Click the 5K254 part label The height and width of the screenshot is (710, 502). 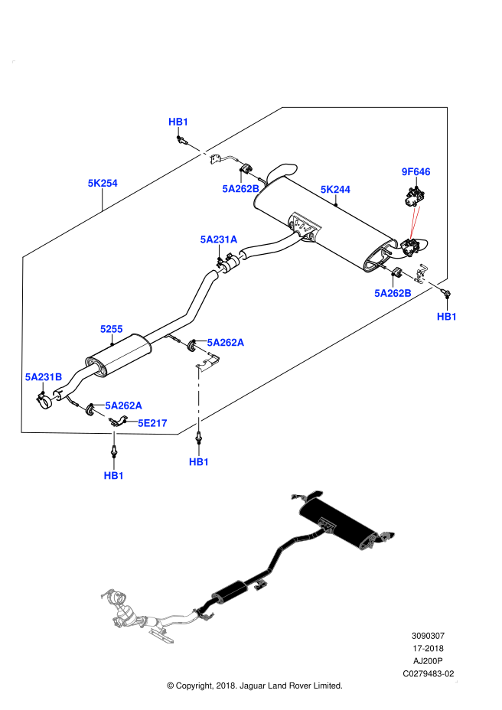point(103,184)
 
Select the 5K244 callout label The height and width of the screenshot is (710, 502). point(335,190)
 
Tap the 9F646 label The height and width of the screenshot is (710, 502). point(416,172)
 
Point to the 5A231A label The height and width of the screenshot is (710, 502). point(219,239)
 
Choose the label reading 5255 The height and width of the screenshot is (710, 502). point(112,329)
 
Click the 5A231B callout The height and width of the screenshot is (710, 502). point(44,377)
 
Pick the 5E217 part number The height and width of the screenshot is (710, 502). point(152,423)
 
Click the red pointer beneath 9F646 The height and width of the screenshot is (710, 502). point(414,223)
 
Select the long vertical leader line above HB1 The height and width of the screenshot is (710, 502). point(199,399)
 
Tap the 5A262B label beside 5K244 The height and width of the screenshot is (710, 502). point(241,189)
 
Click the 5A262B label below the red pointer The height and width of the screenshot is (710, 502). point(393,293)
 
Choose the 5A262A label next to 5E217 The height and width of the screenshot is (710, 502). point(123,405)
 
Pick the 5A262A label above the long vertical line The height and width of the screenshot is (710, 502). point(226,343)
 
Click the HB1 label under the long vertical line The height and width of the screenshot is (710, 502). point(199,462)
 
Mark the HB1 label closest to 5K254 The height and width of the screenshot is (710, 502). point(178,122)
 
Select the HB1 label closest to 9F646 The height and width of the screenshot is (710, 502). point(447,317)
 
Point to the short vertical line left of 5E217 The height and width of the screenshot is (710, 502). point(114,435)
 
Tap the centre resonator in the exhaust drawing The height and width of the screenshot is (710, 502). point(230,591)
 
